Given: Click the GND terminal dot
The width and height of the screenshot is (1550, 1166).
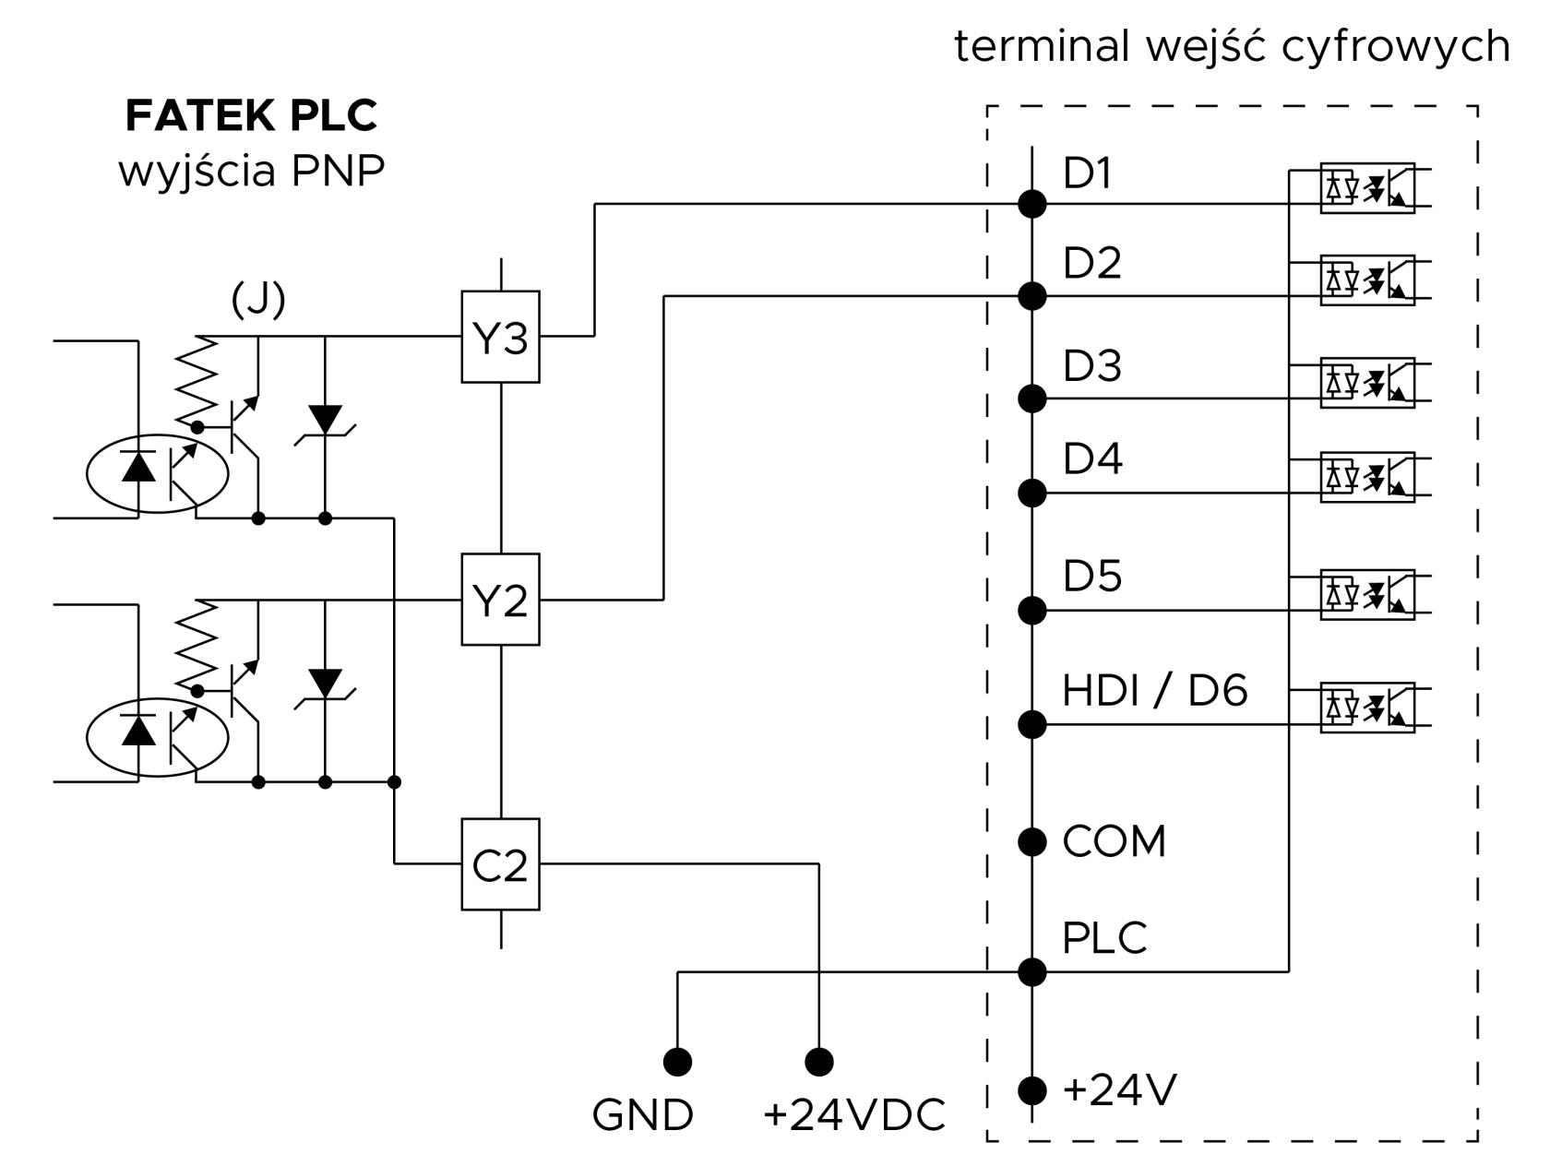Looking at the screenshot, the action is (x=677, y=1062).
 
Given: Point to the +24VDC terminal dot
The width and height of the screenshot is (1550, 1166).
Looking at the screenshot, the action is (x=819, y=1062).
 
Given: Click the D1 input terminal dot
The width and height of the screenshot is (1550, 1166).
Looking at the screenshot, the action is (x=1031, y=204).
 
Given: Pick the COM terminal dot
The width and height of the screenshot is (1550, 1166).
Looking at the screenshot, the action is (x=1031, y=841).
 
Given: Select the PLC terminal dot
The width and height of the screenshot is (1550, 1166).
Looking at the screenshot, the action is (x=1031, y=972).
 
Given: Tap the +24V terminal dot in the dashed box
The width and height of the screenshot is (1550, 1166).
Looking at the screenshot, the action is (x=1031, y=1090).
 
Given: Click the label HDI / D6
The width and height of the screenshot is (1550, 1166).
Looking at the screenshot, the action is (x=1154, y=690).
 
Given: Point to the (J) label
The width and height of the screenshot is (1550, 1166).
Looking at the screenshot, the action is (x=258, y=299).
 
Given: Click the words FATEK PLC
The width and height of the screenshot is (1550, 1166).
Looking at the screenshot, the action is (x=251, y=115).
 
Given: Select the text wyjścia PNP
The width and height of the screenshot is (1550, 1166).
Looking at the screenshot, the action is (x=251, y=172).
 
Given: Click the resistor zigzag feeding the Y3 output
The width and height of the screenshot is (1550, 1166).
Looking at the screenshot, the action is (x=197, y=381).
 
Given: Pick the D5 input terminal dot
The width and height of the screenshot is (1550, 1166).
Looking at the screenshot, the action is (x=1031, y=611).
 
